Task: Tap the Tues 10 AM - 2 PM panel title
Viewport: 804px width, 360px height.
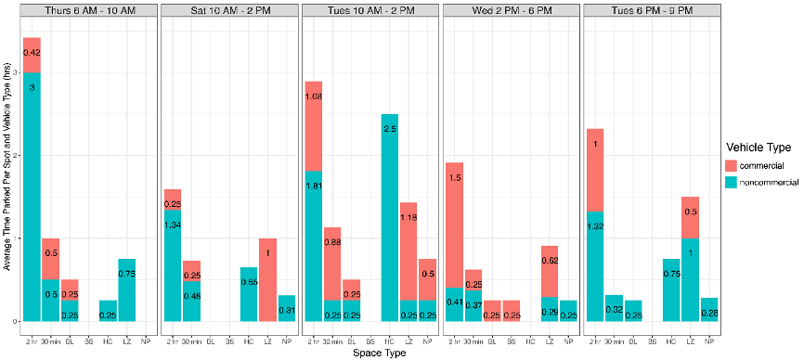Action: coord(370,10)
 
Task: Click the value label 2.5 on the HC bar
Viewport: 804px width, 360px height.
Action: coord(389,130)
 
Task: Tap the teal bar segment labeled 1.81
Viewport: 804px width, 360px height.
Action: coord(314,246)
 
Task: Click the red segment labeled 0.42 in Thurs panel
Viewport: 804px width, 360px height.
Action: coord(32,54)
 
